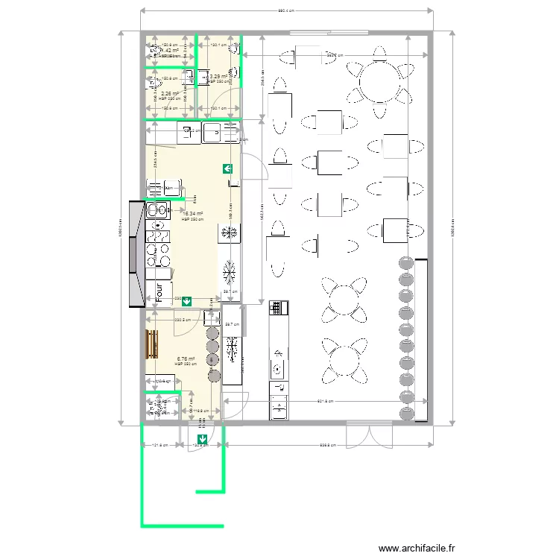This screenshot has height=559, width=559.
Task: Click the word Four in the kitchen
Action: click(x=159, y=291)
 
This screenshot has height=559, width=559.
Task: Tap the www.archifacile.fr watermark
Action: click(x=416, y=548)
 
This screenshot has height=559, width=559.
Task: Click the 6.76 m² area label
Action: click(x=186, y=359)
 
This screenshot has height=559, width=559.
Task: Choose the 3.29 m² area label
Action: click(x=219, y=77)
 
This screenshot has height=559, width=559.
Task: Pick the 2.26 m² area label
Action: click(x=170, y=94)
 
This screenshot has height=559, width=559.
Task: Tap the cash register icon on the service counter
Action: click(x=279, y=306)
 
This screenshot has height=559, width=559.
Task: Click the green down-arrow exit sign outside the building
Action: click(x=202, y=439)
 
